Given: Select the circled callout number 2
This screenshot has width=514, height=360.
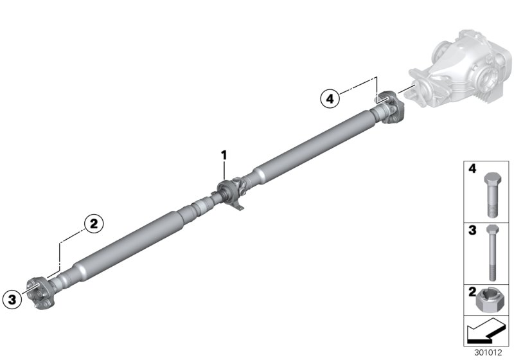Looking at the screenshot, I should click(93, 223).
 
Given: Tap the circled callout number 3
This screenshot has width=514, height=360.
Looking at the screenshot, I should click(11, 298).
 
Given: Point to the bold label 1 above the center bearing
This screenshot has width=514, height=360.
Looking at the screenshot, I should click(224, 155).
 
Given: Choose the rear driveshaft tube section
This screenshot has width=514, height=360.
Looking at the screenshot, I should click(308, 145).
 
